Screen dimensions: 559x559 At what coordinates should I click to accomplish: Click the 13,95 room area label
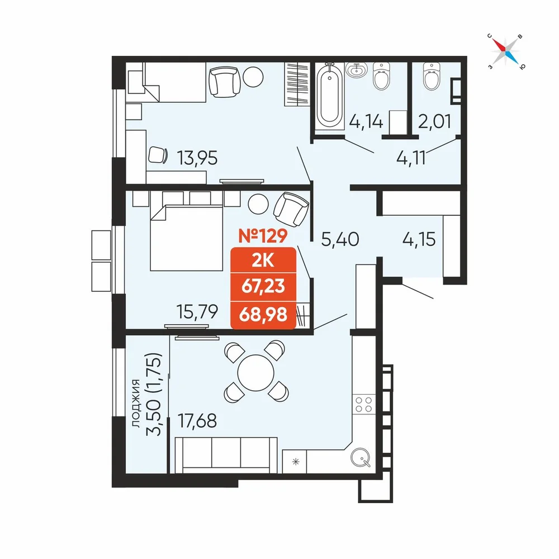coord(197,158)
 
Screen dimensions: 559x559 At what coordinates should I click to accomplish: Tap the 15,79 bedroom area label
coord(197,311)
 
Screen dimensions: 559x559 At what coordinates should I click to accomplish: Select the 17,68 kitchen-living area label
coord(197,421)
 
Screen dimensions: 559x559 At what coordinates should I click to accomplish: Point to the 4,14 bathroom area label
coord(366,121)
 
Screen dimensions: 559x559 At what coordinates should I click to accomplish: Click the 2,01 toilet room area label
coord(434,121)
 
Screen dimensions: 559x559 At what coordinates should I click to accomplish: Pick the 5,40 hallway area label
coord(340,239)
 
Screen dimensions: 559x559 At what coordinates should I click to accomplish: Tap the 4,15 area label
coord(419,239)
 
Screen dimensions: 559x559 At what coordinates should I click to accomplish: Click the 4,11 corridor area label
coord(411,158)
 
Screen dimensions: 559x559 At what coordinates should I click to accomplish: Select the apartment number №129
coord(263,236)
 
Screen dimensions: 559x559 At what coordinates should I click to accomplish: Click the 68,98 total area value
coord(263,315)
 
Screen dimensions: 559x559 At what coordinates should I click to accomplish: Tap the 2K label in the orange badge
coord(263,261)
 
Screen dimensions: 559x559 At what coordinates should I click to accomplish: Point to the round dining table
coord(255,373)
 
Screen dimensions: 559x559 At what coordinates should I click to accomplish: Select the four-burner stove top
coord(364,405)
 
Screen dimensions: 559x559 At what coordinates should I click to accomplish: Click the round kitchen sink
coord(361,457)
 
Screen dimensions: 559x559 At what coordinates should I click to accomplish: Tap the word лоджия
coord(135,403)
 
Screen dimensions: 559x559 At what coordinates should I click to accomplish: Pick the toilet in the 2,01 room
coord(432,77)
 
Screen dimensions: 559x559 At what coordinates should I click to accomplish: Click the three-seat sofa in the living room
coord(226,455)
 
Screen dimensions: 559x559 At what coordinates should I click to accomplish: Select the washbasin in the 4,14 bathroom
coord(356,70)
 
